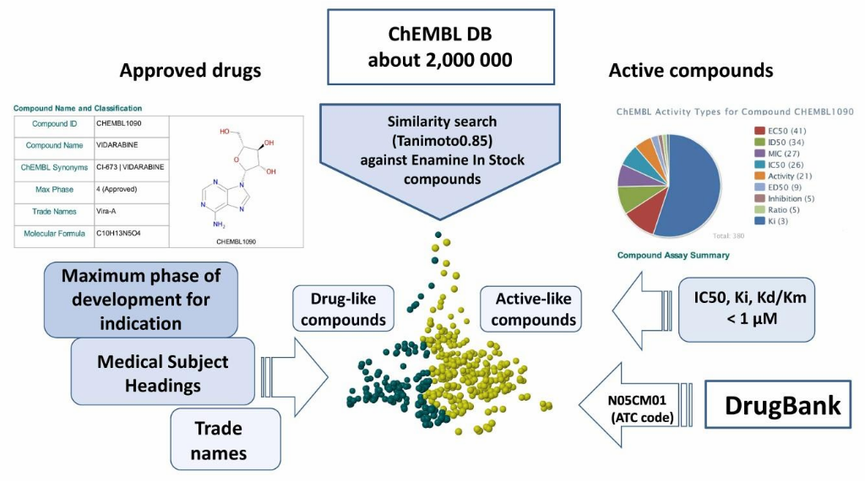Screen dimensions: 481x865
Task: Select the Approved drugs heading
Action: [190, 71]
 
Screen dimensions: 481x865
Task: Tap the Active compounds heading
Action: [690, 71]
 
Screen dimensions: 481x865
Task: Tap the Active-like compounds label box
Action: [533, 309]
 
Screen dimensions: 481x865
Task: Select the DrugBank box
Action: [782, 406]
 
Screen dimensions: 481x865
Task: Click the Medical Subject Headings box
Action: [162, 372]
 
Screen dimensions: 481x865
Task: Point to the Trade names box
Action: [218, 440]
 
